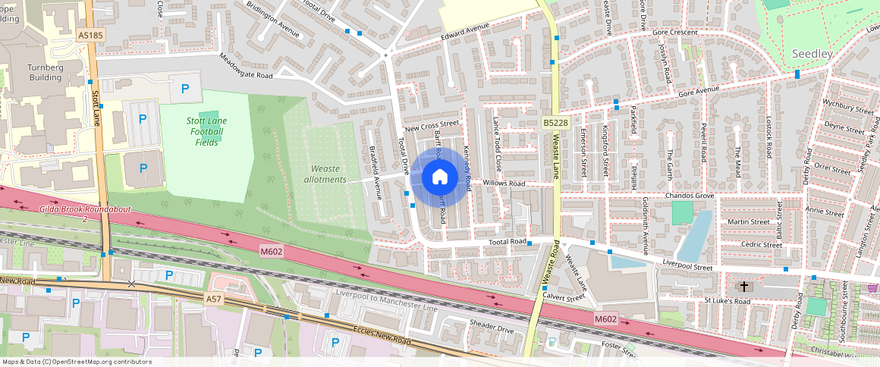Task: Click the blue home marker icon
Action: (439, 177)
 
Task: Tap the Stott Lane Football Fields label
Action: (206, 131)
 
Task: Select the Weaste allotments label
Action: (325, 174)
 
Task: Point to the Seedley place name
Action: (812, 54)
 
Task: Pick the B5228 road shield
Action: (555, 123)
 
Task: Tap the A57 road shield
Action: (215, 300)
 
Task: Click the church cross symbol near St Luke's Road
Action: (744, 287)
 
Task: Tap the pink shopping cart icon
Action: (873, 288)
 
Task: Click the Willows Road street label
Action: (504, 183)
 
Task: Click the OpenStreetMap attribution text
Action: (77, 362)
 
